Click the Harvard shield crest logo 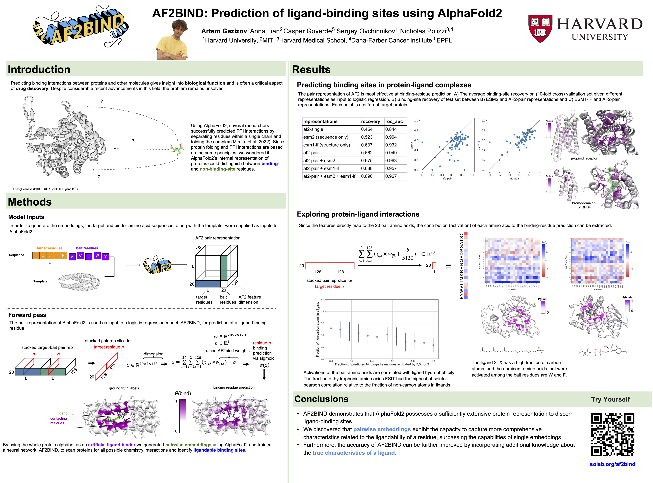point(540,28)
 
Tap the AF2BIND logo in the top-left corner point(80,28)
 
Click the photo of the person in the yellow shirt point(173,41)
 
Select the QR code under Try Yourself point(612,435)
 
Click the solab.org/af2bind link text point(612,464)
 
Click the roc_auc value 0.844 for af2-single point(391,129)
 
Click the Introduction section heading point(39,70)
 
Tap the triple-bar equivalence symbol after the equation point(448,265)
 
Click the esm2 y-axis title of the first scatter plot point(412,145)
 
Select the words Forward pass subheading point(27,315)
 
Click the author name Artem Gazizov point(224,31)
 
